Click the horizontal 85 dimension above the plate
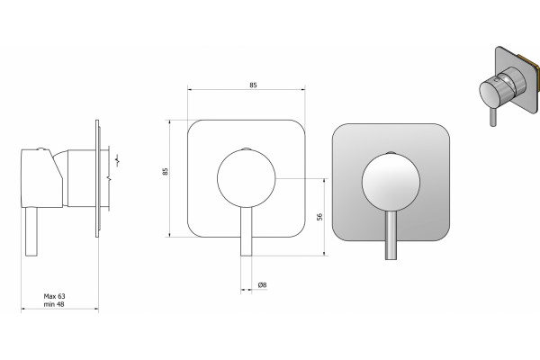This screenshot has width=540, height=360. pos(253,85)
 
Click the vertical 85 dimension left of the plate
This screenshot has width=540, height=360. pos(166,172)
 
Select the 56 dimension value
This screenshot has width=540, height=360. pos(319,217)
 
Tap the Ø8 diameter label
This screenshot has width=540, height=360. pos(262,285)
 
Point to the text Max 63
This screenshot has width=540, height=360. pos(54,296)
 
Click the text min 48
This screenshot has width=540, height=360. pos(54,304)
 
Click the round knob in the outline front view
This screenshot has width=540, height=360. pos(247,178)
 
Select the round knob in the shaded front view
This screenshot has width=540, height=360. pos(391,182)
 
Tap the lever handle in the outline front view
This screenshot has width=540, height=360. pos(247,231)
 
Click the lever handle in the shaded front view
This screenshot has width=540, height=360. pos(391,235)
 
